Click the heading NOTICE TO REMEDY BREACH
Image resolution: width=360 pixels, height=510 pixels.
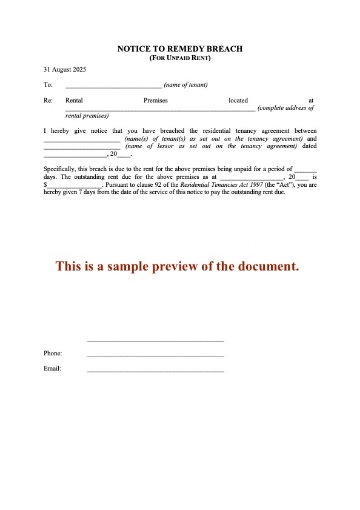179,48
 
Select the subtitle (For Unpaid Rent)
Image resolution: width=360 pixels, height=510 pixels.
179,57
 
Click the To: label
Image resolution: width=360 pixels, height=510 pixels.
48,86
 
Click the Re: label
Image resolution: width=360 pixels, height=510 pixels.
48,101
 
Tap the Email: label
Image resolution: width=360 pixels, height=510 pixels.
53,369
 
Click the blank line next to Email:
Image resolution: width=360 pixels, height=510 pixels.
155,371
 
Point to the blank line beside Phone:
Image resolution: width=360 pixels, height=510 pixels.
155,356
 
